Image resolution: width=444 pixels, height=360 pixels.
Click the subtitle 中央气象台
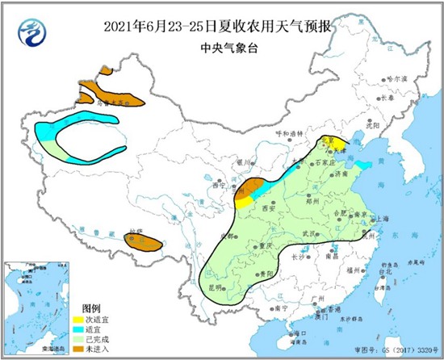(222, 47)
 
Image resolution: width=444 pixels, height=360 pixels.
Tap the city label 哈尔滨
(398, 78)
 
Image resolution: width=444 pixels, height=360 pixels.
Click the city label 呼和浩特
(287, 133)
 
